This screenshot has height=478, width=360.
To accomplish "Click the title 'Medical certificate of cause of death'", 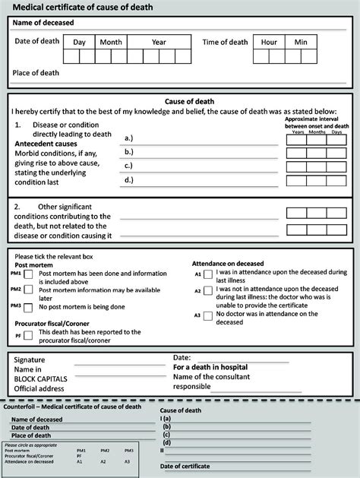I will pos(87,7).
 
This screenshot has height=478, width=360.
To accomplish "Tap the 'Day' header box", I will pos(80,43).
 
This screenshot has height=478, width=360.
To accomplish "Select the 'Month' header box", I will pos(111,43).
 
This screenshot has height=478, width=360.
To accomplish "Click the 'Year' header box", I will pos(159,43).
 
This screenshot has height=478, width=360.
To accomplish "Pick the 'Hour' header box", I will pos(269,43).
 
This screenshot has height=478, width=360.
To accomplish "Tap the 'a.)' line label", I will pos(129,138).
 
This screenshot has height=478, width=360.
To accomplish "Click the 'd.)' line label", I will pos(129,180).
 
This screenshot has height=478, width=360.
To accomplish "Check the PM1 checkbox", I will pos(28,274).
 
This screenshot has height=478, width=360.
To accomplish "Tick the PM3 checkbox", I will pos(28,306).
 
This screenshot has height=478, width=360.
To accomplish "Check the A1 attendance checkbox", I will pos(208,274).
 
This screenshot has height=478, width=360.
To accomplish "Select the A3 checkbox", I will pos(208,315).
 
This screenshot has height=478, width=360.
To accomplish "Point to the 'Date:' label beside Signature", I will pos(182,357).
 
